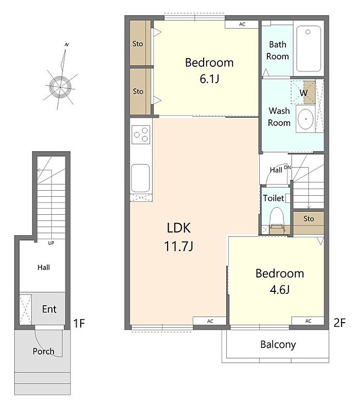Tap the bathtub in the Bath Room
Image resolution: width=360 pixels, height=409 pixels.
pos(308,48)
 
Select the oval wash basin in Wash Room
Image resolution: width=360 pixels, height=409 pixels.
pos(305,119)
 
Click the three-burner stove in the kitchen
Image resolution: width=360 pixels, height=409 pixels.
pos(141,135)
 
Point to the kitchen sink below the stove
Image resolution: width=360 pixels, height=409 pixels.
pos(140,178)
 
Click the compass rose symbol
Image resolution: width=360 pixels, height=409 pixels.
pos(61,86)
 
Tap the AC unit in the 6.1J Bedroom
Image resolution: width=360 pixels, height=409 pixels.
pos(242,24)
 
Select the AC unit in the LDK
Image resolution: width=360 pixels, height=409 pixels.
pos(210,321)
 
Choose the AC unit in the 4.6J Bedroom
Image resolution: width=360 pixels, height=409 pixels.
pos(308,321)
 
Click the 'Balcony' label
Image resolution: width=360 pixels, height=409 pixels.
pos(278,345)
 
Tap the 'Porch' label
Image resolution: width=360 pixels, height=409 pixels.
pos(43,351)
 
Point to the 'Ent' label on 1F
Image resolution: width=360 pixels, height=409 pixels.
pos(49,309)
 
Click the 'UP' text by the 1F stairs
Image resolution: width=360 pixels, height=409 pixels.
pos(51,243)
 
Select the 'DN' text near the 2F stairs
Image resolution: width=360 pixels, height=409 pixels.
pos(287,167)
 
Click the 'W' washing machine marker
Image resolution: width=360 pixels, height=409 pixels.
pos(303,92)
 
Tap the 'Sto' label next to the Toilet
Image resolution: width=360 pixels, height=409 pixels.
pos(309,218)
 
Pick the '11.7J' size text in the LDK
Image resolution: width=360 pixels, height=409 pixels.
pos(178,246)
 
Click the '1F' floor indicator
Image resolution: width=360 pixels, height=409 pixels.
pos(79,323)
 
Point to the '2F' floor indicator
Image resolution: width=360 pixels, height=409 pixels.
pos(339,323)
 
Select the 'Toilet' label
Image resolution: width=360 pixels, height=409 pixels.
pos(273,198)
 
